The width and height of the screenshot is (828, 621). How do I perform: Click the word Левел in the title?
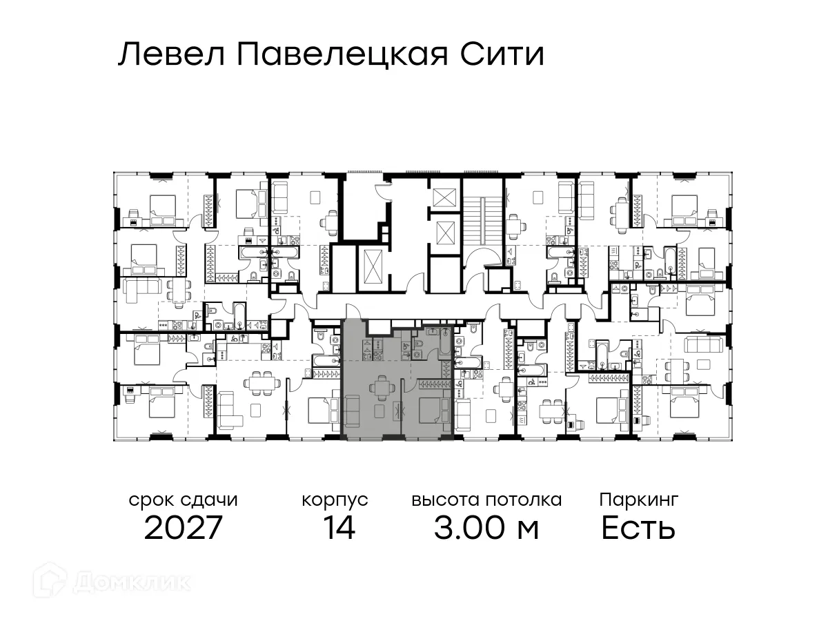pyautogui.click(x=171, y=55)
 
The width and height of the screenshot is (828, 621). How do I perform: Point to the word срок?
pyautogui.click(x=152, y=500)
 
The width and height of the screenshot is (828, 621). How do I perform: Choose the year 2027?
pyautogui.click(x=184, y=529)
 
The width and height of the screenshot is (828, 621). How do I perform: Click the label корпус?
pyautogui.click(x=335, y=501)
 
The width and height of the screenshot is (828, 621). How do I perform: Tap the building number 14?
pyautogui.click(x=338, y=529)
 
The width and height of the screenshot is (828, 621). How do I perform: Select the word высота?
pyautogui.click(x=445, y=500)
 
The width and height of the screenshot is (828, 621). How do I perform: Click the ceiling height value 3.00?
pyautogui.click(x=467, y=529)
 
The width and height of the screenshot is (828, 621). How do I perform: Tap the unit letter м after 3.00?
pyautogui.click(x=528, y=530)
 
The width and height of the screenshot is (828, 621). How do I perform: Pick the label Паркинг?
pyautogui.click(x=639, y=500)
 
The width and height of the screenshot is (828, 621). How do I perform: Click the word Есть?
pyautogui.click(x=638, y=529)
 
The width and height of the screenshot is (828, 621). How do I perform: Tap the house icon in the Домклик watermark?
pyautogui.click(x=56, y=581)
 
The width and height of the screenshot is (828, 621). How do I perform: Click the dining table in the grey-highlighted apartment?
pyautogui.click(x=382, y=388)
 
